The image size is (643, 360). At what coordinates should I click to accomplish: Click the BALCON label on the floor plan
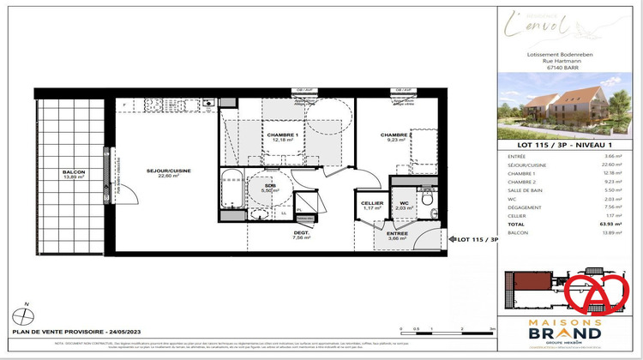(x=74, y=172)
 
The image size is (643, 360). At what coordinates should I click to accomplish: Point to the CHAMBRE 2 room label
(x=397, y=135)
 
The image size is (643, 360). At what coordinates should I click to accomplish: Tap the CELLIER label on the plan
(x=371, y=203)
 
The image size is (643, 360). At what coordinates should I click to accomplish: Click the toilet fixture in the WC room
(x=426, y=197)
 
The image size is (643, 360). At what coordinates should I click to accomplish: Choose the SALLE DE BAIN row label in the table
(x=527, y=190)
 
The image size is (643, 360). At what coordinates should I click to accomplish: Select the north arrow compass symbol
(x=28, y=313)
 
